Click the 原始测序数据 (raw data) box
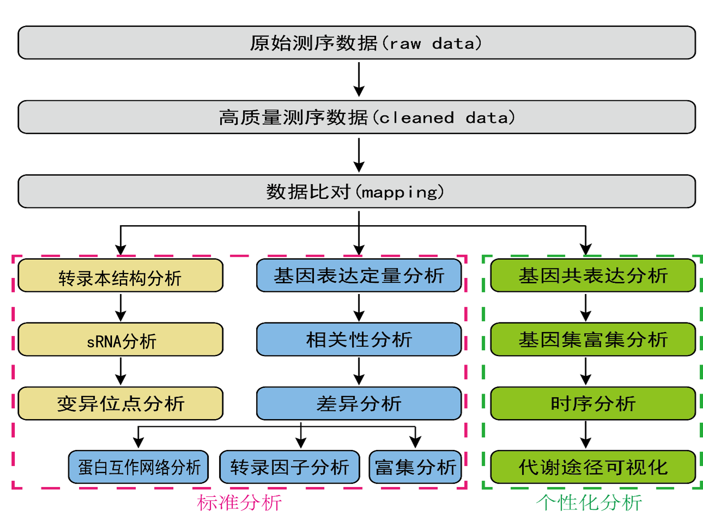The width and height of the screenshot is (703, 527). [357, 43]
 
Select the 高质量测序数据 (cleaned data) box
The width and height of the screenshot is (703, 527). [357, 117]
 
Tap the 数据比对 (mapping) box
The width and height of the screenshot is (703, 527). [357, 191]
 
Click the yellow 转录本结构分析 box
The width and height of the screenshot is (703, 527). [120, 276]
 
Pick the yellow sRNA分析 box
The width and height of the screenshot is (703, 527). [120, 340]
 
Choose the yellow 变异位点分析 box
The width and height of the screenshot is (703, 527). [120, 403]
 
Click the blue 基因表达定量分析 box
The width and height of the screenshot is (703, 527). [359, 276]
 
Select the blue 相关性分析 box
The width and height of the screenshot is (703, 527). [359, 340]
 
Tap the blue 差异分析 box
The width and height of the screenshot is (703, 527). [359, 403]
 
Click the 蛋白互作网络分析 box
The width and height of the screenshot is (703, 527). [138, 467]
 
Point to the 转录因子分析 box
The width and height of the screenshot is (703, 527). [290, 467]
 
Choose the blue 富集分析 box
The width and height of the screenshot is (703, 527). [415, 467]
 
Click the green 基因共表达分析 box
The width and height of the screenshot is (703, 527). [593, 276]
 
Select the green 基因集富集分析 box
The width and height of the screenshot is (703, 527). [593, 340]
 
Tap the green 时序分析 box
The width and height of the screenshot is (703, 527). [593, 403]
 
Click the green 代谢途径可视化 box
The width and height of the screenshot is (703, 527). [593, 467]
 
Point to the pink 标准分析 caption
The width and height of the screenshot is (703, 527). [239, 503]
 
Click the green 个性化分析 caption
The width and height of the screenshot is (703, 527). [589, 503]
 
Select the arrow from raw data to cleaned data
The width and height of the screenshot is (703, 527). [359, 79]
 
